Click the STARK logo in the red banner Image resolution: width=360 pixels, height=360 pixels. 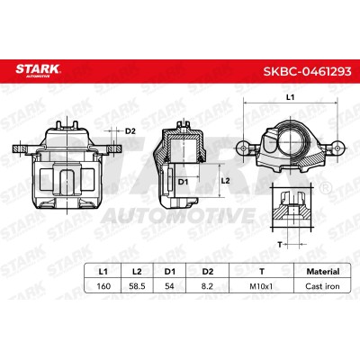pyautogui.click(x=38, y=71)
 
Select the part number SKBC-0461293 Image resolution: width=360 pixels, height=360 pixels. pyautogui.click(x=307, y=72)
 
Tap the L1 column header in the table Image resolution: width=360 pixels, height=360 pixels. pyautogui.click(x=103, y=272)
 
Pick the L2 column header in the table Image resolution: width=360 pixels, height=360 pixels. pyautogui.click(x=137, y=272)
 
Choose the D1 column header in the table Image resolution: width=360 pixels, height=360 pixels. pyautogui.click(x=169, y=272)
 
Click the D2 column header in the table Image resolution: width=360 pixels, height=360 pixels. pyautogui.click(x=207, y=272)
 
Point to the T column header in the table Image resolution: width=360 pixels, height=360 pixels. pyautogui.click(x=262, y=272)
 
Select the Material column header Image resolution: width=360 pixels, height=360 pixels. pyautogui.click(x=323, y=272)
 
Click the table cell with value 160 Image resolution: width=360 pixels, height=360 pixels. pyautogui.click(x=103, y=286)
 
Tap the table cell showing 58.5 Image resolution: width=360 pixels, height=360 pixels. pyautogui.click(x=137, y=286)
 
